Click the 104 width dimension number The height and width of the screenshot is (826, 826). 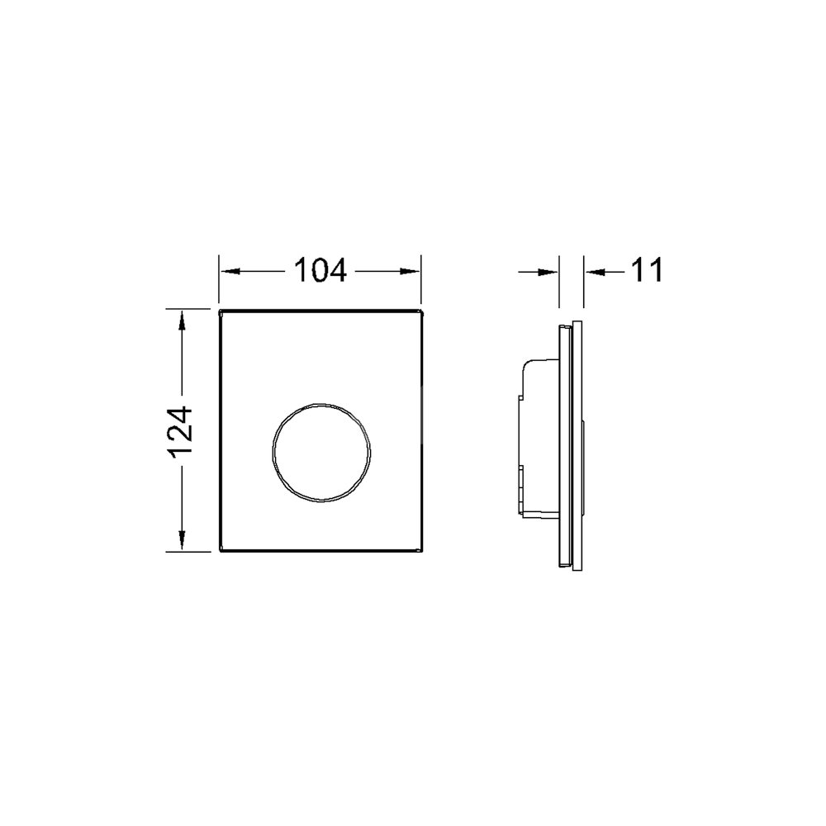tap(320, 271)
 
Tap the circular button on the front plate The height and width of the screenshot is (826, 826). tap(321, 453)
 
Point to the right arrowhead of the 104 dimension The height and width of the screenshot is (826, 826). tap(410, 271)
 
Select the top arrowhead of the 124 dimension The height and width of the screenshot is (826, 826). tap(181, 320)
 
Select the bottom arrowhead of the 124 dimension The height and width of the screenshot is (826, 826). tap(181, 540)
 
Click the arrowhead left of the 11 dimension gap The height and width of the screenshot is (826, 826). tap(548, 272)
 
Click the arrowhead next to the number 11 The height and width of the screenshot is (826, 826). tap(595, 272)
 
